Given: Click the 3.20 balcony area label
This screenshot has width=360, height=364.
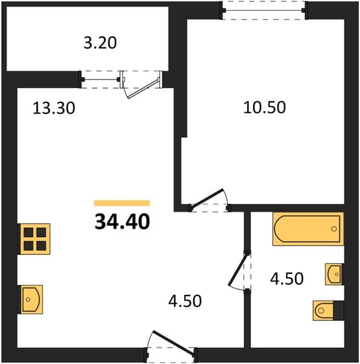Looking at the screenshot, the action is (100, 42).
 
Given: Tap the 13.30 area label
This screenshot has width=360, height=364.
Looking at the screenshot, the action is (54, 108).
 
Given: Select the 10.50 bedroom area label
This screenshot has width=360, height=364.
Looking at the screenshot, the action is (264, 107).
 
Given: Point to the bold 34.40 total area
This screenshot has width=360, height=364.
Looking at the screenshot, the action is (122, 221).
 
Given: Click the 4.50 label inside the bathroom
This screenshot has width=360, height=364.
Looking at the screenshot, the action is (287, 278).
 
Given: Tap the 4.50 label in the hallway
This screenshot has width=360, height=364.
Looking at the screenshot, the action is (185, 301).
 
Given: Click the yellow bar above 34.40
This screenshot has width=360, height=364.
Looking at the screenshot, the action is (122, 203).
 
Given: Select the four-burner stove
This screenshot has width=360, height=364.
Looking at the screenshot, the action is (35, 239).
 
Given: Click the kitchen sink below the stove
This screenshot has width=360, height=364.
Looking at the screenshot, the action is (32, 300).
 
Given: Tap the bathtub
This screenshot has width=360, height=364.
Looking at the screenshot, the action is (308, 229).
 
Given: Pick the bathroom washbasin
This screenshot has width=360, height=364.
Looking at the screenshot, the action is (334, 274).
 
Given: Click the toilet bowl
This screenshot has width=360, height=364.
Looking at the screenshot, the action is (323, 311).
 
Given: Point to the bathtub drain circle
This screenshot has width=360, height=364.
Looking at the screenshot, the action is (334, 229).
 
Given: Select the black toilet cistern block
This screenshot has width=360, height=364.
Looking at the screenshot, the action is (339, 311).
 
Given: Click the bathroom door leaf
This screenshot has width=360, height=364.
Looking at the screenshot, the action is (238, 269).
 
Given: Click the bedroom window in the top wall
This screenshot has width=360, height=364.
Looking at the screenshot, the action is (264, 10).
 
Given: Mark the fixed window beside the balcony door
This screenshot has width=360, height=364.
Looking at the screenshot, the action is (100, 79).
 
